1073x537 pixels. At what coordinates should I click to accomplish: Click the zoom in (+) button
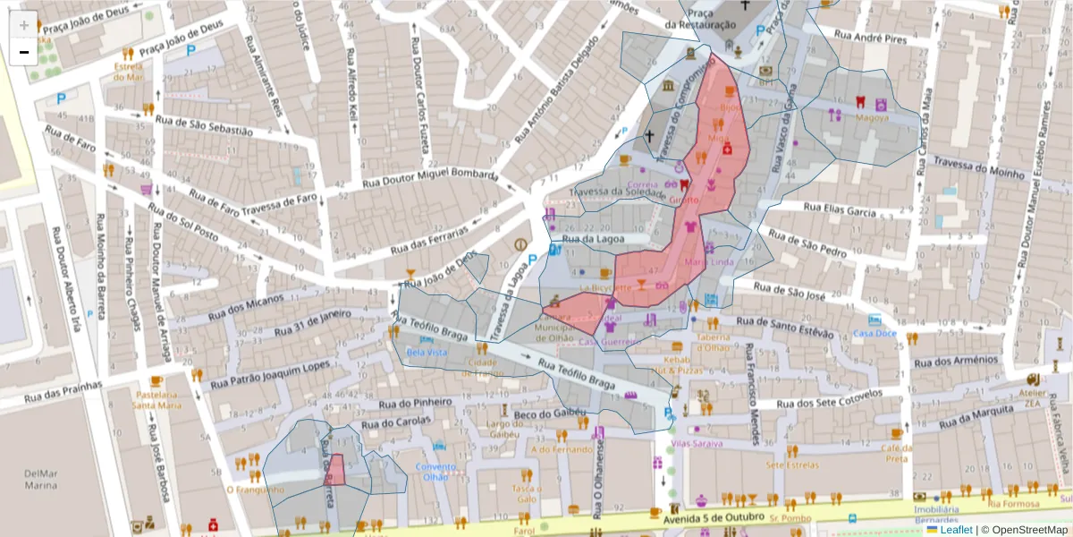tap(24, 25)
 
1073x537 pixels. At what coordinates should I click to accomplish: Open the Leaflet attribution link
tap(956, 530)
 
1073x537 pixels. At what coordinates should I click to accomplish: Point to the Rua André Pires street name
tap(870, 38)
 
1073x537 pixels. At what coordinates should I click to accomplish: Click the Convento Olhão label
tap(435, 471)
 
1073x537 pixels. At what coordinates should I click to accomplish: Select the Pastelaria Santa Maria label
tap(156, 399)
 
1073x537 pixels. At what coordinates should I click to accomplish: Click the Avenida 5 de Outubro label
tap(713, 517)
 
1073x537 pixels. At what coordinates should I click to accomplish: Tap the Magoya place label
tap(872, 117)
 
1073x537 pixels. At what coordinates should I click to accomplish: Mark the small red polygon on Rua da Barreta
tap(334, 470)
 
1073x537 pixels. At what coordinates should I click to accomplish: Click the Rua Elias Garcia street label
tap(839, 211)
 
